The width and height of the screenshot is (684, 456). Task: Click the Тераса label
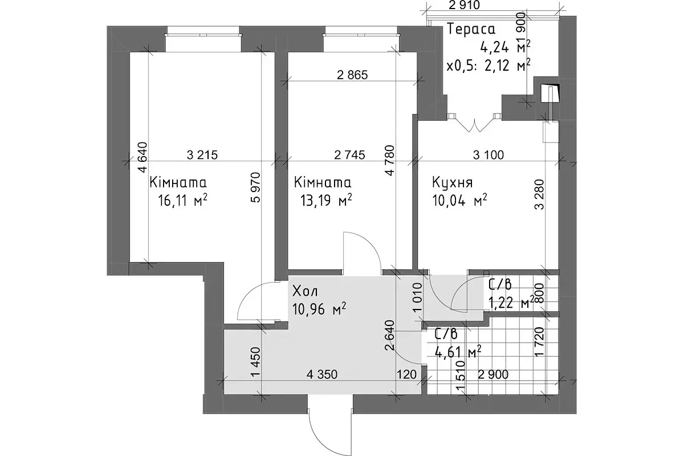tap(471, 29)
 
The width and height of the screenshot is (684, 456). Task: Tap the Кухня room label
tap(453, 182)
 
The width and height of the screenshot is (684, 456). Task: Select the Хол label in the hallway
tap(306, 291)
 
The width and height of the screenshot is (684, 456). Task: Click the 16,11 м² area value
tap(183, 201)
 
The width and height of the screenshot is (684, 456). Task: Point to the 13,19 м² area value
tap(327, 201)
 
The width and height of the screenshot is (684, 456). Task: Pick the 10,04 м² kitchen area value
tap(459, 201)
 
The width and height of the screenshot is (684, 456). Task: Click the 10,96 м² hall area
tap(319, 309)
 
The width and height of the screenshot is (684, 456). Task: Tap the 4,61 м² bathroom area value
tap(458, 352)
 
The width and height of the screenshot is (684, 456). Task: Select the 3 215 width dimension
tap(202, 155)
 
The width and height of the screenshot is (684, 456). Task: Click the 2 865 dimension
tap(352, 75)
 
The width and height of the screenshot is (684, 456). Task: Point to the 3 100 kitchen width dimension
tap(488, 155)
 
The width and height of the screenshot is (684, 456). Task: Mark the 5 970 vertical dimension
tap(255, 188)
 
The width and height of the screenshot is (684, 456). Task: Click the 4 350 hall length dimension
tap(322, 374)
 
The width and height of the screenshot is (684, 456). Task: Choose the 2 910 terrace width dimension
tap(465, 5)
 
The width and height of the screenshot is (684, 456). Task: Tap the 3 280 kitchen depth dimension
tap(540, 194)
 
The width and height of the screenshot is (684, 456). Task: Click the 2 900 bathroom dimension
tap(493, 374)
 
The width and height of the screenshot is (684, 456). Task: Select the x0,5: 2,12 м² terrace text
tap(488, 65)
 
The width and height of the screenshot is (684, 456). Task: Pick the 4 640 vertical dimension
tap(142, 157)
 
